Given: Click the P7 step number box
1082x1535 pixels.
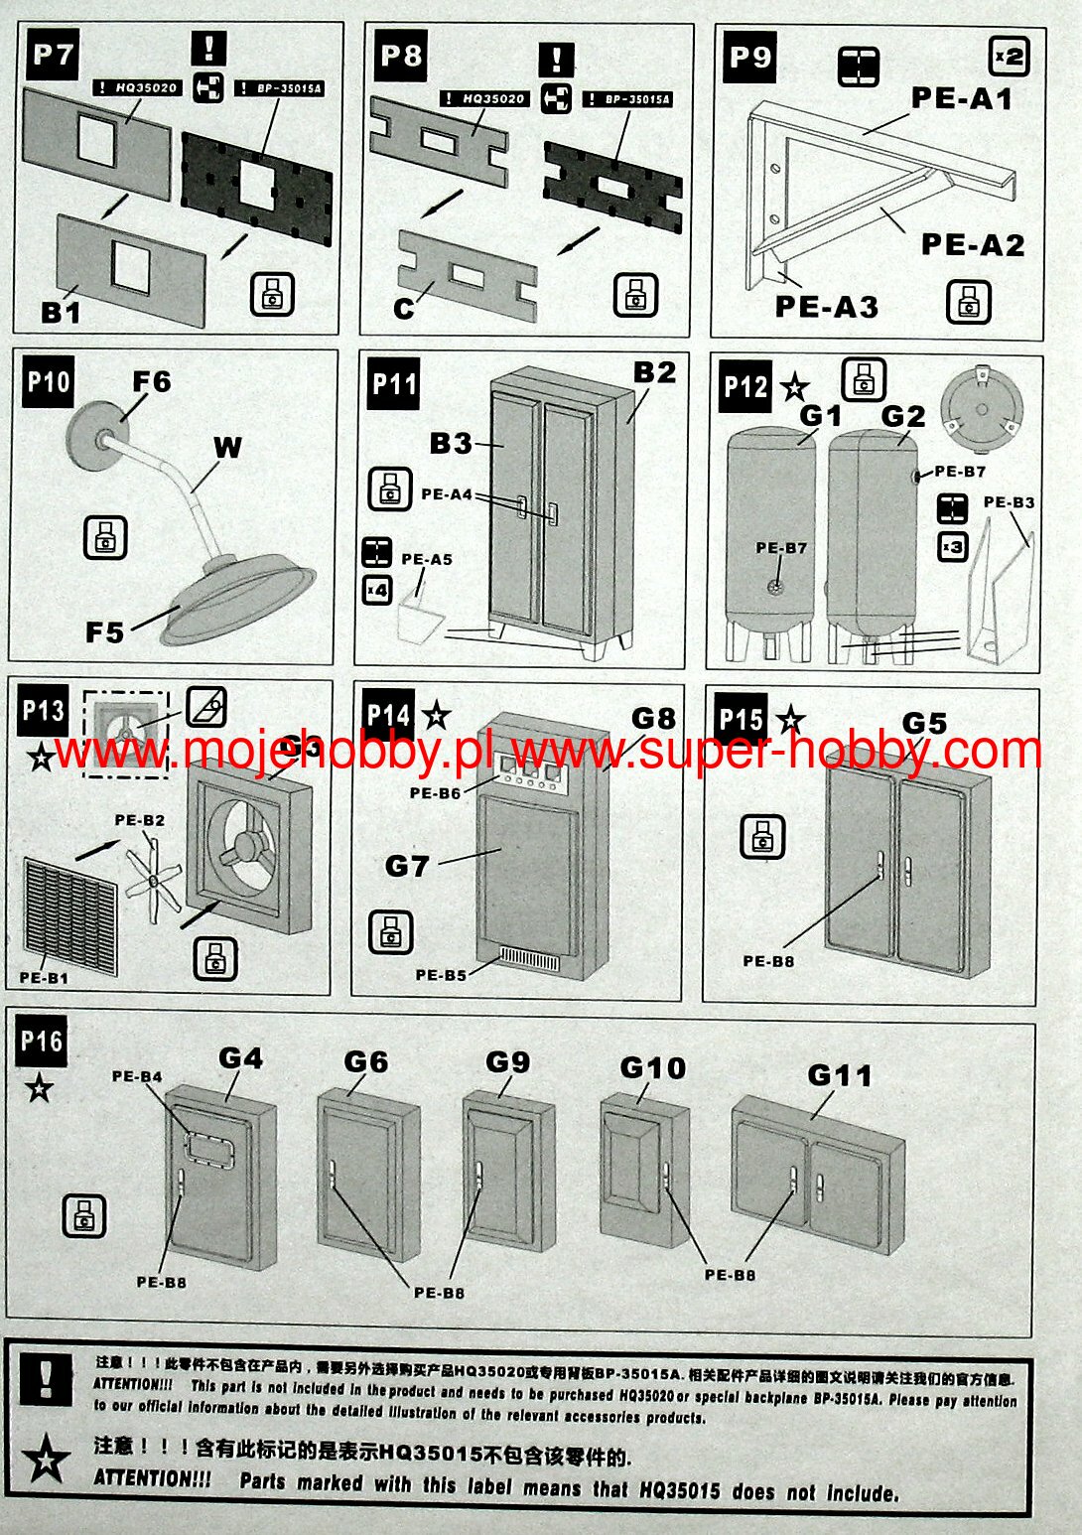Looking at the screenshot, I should pyautogui.click(x=53, y=56).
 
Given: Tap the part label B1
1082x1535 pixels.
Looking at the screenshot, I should pyautogui.click(x=61, y=313).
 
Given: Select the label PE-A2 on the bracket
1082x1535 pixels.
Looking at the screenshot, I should pyautogui.click(x=972, y=244).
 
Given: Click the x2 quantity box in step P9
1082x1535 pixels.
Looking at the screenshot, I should pyautogui.click(x=1009, y=56).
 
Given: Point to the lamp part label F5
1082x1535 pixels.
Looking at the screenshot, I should pyautogui.click(x=105, y=631).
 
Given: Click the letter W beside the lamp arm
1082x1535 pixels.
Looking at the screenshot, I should pyautogui.click(x=227, y=448).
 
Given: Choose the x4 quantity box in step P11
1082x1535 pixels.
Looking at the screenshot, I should pyautogui.click(x=377, y=590).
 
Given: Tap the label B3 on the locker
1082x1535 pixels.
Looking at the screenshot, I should pyautogui.click(x=451, y=443).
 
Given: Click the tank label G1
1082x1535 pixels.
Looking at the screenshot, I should pyautogui.click(x=821, y=416).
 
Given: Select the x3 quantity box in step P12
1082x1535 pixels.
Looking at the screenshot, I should pyautogui.click(x=952, y=546).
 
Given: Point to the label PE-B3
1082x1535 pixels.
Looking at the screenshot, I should pyautogui.click(x=1009, y=502).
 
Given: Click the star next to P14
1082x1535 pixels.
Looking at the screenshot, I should pyautogui.click(x=436, y=714).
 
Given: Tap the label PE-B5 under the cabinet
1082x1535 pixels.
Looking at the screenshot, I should pyautogui.click(x=442, y=975).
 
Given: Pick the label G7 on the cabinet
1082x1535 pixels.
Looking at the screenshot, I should pyautogui.click(x=407, y=866).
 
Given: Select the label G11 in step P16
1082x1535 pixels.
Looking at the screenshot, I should pyautogui.click(x=840, y=1075).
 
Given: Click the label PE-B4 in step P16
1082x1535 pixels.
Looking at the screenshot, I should pyautogui.click(x=137, y=1076).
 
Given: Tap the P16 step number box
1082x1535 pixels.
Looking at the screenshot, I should pyautogui.click(x=42, y=1042).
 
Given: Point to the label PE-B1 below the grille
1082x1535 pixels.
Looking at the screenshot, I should pyautogui.click(x=45, y=978).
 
